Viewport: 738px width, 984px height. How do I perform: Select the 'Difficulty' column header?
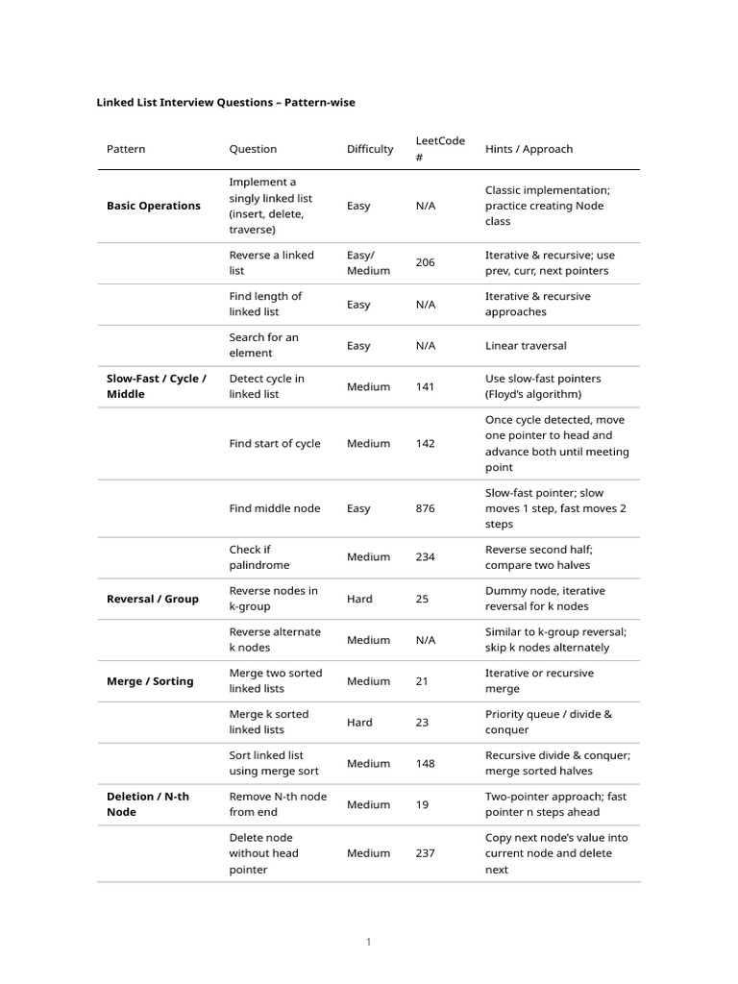pyautogui.click(x=370, y=149)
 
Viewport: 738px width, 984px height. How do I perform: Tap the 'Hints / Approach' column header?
pyautogui.click(x=529, y=149)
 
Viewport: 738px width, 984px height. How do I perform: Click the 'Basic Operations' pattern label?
pyautogui.click(x=154, y=206)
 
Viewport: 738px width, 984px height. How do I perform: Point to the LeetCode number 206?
pyautogui.click(x=425, y=262)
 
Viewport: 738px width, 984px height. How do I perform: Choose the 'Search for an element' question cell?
pyautogui.click(x=263, y=345)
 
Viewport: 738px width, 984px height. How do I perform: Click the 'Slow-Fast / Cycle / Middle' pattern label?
pyautogui.click(x=157, y=386)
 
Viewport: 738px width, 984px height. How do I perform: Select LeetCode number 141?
pyautogui.click(x=425, y=386)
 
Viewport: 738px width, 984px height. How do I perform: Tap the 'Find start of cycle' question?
pyautogui.click(x=275, y=444)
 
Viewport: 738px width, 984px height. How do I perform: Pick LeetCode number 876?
pyautogui.click(x=425, y=508)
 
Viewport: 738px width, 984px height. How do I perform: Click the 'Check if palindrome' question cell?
pyautogui.click(x=258, y=557)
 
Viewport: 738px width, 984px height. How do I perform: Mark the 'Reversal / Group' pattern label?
pyautogui.click(x=153, y=599)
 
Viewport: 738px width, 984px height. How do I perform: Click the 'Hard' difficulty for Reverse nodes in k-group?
pyautogui.click(x=359, y=599)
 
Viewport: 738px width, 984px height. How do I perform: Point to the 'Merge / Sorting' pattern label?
pyautogui.click(x=150, y=681)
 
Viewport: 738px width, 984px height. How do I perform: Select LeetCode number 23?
pyautogui.click(x=422, y=723)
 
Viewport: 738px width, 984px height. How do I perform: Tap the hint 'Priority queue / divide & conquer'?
pyautogui.click(x=548, y=723)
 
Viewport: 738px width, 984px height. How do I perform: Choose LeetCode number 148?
pyautogui.click(x=425, y=764)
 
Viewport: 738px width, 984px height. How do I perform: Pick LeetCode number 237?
pyautogui.click(x=425, y=853)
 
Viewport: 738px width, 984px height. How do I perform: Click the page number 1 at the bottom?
pyautogui.click(x=368, y=943)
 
